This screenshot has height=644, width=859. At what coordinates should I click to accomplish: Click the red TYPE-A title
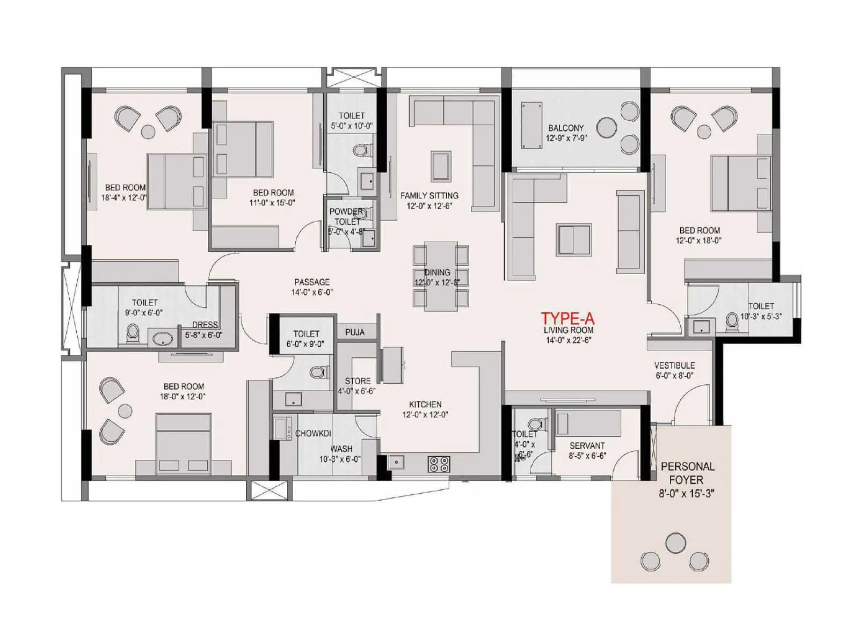(567, 318)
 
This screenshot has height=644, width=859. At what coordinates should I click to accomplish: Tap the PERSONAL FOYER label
(687, 473)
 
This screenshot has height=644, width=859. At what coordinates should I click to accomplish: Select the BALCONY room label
(566, 128)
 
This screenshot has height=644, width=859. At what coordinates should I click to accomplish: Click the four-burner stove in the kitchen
(439, 464)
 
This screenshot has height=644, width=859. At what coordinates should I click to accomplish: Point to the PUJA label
(355, 332)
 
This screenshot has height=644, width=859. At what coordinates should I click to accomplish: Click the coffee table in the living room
(574, 239)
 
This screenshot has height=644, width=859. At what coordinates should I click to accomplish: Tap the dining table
(441, 275)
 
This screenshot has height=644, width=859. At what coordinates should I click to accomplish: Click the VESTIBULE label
(674, 365)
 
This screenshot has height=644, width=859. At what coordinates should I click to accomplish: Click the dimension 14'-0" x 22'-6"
(568, 340)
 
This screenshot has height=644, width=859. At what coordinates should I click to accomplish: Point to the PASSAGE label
(312, 282)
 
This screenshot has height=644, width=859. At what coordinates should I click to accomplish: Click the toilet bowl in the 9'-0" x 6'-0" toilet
(133, 334)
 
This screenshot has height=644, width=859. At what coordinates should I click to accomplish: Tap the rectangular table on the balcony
(532, 125)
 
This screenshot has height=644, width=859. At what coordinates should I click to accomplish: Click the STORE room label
(358, 381)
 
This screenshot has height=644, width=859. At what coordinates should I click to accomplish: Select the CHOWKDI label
(313, 434)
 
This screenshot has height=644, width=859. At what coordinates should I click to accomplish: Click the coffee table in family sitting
(441, 166)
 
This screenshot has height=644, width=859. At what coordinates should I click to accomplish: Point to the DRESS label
(205, 325)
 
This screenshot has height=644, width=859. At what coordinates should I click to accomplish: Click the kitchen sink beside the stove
(397, 462)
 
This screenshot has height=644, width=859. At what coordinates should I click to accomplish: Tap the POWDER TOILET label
(347, 216)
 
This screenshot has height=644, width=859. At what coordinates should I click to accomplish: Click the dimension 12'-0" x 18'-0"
(698, 241)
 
